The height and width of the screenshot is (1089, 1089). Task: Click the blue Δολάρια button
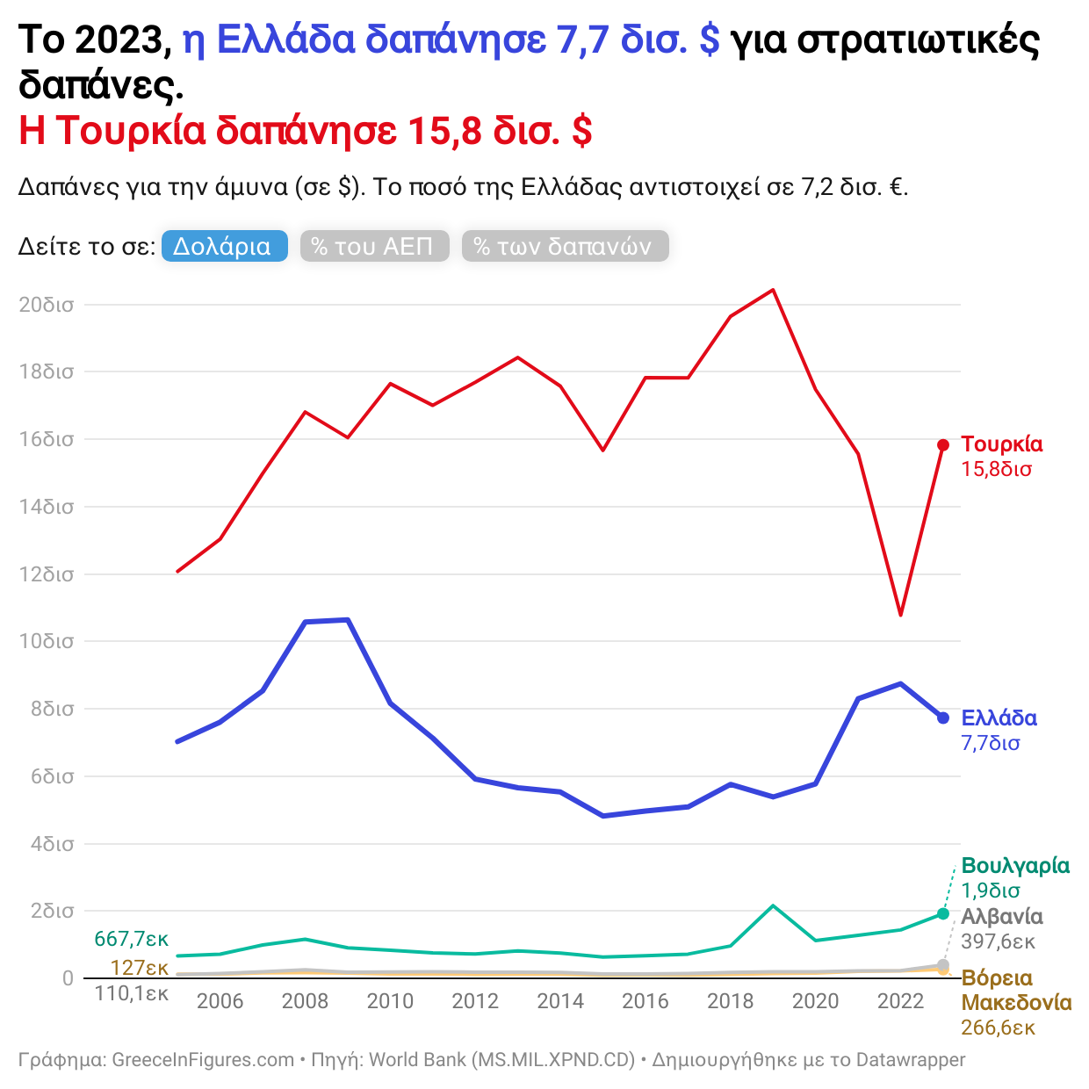click(x=224, y=247)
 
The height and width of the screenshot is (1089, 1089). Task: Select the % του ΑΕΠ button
click(x=374, y=247)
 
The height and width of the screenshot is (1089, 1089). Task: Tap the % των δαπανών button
click(x=565, y=247)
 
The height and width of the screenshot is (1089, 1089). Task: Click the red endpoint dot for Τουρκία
click(x=943, y=445)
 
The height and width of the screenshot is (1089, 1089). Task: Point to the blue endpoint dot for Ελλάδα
click(x=943, y=718)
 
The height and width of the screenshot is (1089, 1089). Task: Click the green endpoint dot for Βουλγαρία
click(x=943, y=914)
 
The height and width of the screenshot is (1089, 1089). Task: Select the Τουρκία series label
click(x=1001, y=444)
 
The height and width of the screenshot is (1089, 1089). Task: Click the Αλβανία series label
click(x=1001, y=917)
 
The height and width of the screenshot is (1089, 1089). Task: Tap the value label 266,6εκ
click(x=998, y=1028)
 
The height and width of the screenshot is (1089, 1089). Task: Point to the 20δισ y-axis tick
click(x=47, y=306)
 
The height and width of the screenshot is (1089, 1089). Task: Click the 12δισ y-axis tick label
click(x=47, y=575)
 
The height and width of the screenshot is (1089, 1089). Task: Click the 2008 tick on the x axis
click(x=305, y=1001)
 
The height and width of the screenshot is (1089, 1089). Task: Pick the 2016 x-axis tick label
click(x=645, y=1001)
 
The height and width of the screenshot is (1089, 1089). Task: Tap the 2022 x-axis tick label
click(x=900, y=1001)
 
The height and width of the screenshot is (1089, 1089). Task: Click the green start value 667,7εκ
click(x=131, y=939)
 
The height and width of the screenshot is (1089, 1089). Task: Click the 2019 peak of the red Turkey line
click(x=773, y=290)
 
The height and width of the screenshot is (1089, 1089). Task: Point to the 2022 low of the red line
click(x=900, y=615)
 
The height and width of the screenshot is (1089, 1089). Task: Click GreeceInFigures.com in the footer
click(x=203, y=1060)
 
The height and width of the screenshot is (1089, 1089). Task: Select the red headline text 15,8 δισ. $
click(x=500, y=131)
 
